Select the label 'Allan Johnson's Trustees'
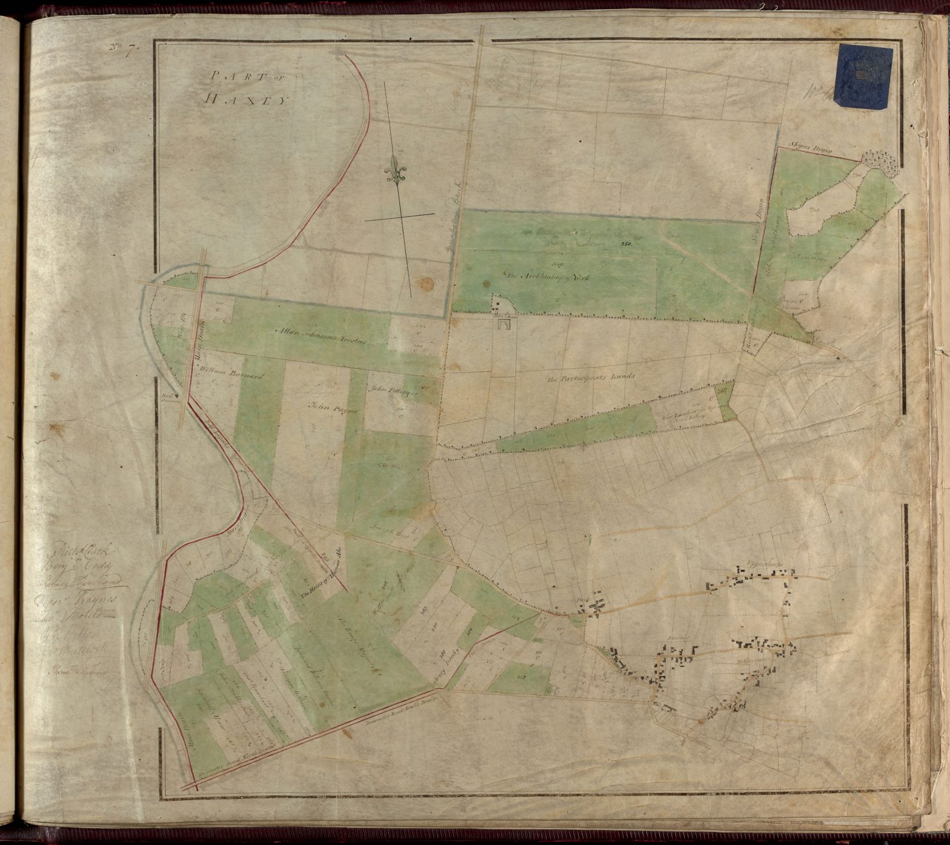pos(321,335)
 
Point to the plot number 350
pos(626,244)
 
